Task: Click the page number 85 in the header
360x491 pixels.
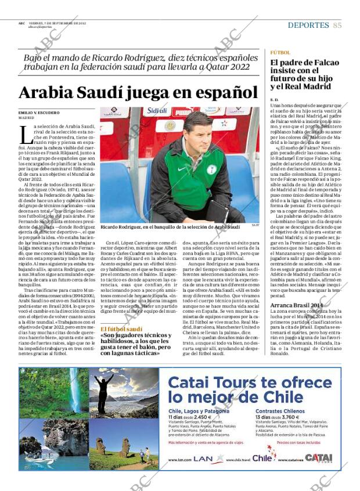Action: click(337, 25)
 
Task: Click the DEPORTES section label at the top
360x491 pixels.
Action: click(308, 25)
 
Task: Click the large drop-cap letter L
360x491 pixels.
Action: click(25, 135)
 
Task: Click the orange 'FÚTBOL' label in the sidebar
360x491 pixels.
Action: click(280, 52)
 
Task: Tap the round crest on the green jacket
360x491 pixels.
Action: click(212, 169)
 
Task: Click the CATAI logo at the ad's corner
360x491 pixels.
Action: click(318, 458)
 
